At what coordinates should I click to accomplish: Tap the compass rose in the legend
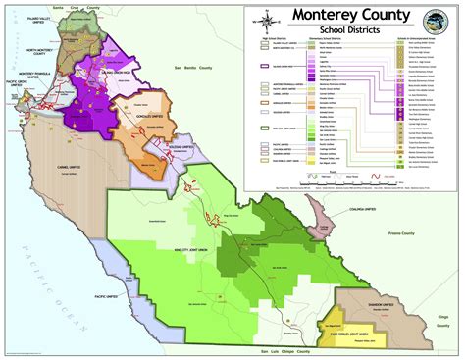click(264, 22)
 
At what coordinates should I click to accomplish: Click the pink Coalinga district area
click(320, 218)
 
